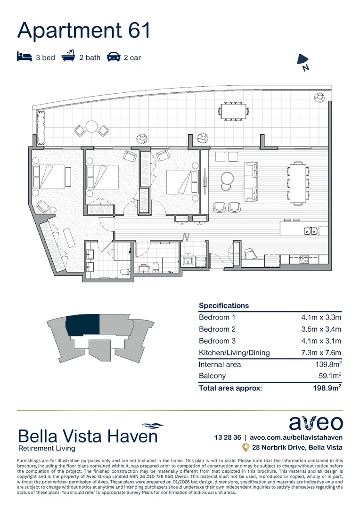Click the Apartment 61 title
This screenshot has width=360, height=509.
pos(84,30)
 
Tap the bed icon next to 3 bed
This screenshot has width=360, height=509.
pos(24,57)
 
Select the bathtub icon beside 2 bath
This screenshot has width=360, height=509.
pos(69,57)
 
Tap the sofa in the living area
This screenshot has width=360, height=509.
pos(251,182)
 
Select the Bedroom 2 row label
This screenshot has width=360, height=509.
pos(217,329)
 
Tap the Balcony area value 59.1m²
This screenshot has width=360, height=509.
pos(329,376)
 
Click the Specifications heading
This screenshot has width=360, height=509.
pos(224,305)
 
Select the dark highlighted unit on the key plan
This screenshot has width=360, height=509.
pos(83,325)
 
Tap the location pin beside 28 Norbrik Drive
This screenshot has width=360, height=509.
pos(245,447)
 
